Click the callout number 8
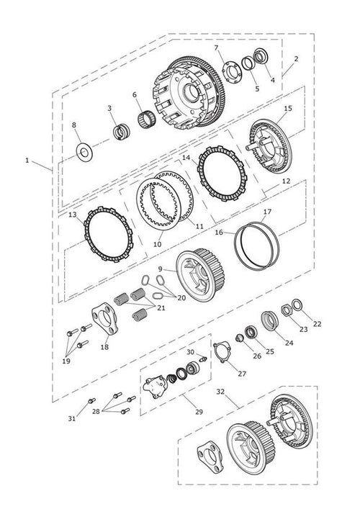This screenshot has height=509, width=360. tap(74, 125)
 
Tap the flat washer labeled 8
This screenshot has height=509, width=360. tap(84, 152)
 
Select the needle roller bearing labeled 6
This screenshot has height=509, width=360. tap(147, 120)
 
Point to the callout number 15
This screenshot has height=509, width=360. tap(288, 109)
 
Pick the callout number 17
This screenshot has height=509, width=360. tap(267, 212)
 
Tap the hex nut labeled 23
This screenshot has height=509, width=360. tap(286, 311)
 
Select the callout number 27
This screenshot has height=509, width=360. tap(242, 374)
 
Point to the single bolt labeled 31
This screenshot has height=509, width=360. tap(91, 401)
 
